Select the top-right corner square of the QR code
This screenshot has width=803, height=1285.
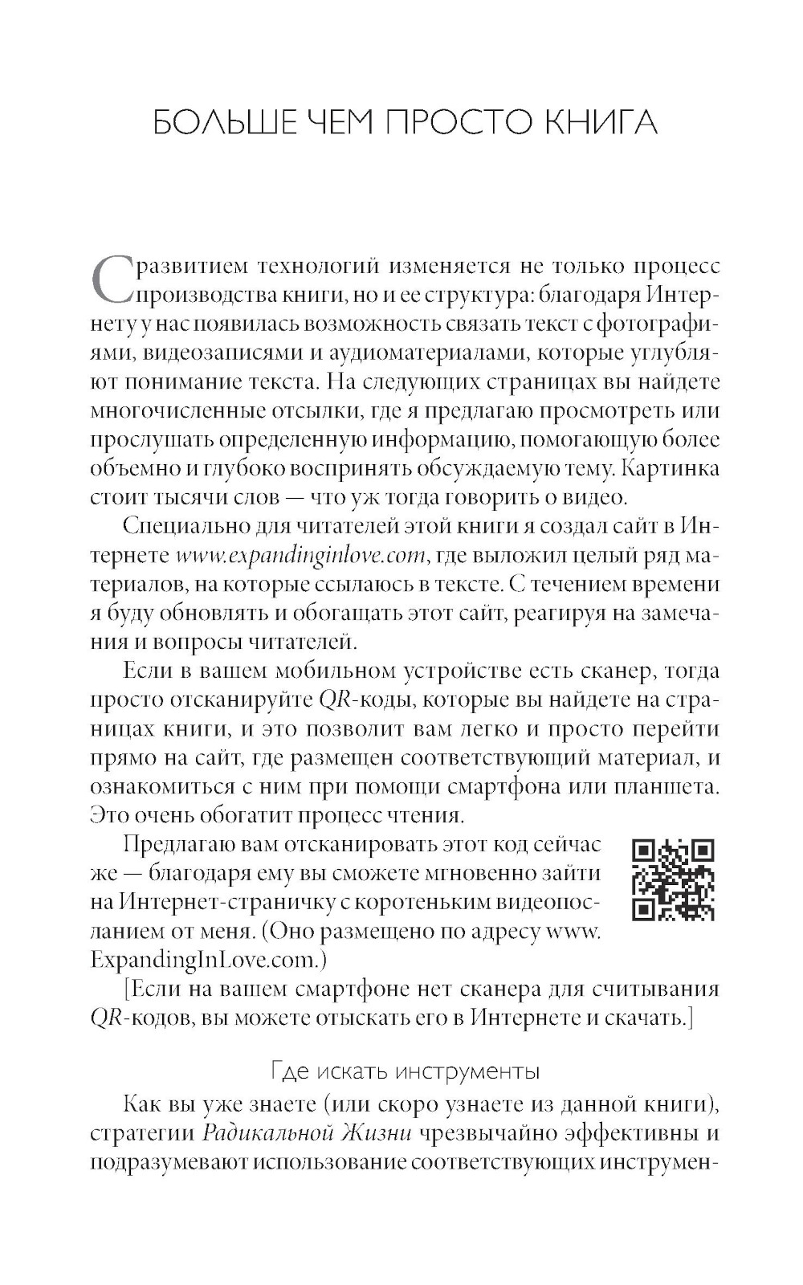point(703,851)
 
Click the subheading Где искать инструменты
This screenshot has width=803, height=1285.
point(405,1071)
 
